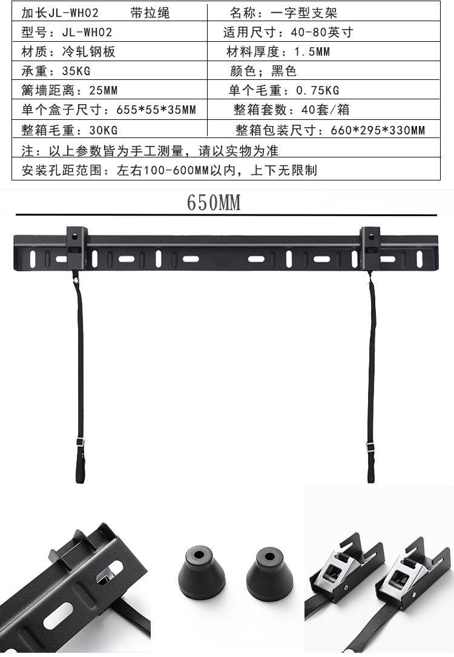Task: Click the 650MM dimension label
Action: click(x=214, y=203)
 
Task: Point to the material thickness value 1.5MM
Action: click(x=312, y=51)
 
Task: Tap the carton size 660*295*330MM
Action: click(x=378, y=130)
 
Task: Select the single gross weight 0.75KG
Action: click(x=317, y=91)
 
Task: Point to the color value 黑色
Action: click(x=284, y=71)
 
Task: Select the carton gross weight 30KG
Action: click(x=102, y=130)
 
